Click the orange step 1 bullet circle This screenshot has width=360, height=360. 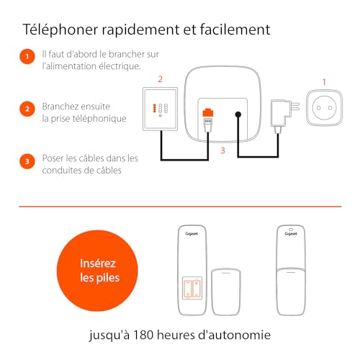click(27, 55)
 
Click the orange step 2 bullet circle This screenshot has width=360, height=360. click(27, 109)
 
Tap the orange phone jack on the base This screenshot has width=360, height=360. click(208, 113)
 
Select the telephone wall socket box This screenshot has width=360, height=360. click(159, 109)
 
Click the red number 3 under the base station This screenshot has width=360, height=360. click(222, 150)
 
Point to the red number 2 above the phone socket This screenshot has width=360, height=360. click(160, 78)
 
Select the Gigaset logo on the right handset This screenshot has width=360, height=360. click(291, 234)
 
